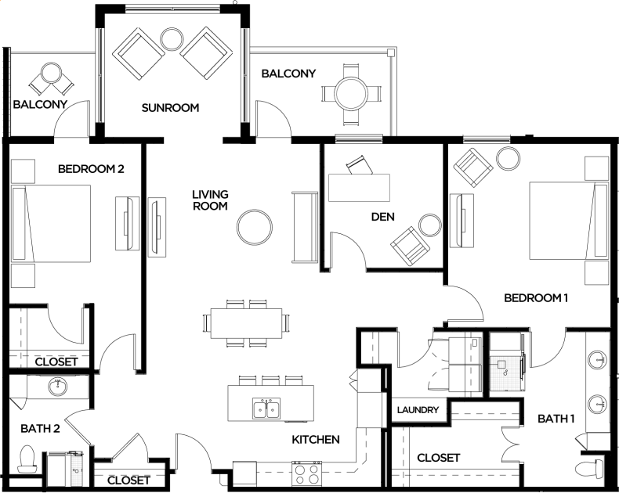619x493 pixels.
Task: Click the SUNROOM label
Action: [170, 108]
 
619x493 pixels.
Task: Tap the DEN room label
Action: [382, 217]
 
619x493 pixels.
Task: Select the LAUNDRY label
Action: [418, 410]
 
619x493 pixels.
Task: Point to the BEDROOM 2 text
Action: [91, 169]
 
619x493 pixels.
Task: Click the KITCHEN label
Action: [316, 439]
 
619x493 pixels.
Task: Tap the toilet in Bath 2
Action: [27, 459]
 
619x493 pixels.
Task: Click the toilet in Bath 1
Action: [589, 469]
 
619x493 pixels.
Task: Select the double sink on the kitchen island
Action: [266, 408]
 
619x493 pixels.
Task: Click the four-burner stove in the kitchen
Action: [307, 473]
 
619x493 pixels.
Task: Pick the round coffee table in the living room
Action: [255, 228]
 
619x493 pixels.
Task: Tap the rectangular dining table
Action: [246, 323]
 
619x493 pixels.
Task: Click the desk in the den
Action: [359, 188]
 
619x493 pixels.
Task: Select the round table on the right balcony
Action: [351, 94]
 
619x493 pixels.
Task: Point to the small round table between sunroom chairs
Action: [172, 38]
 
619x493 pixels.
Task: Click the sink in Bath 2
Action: [58, 387]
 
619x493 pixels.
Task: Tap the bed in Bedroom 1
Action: [569, 221]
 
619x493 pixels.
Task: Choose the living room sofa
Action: [305, 227]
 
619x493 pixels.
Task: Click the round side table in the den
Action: [430, 225]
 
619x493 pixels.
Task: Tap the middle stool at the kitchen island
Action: [270, 380]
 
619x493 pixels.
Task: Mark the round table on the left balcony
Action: [51, 73]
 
